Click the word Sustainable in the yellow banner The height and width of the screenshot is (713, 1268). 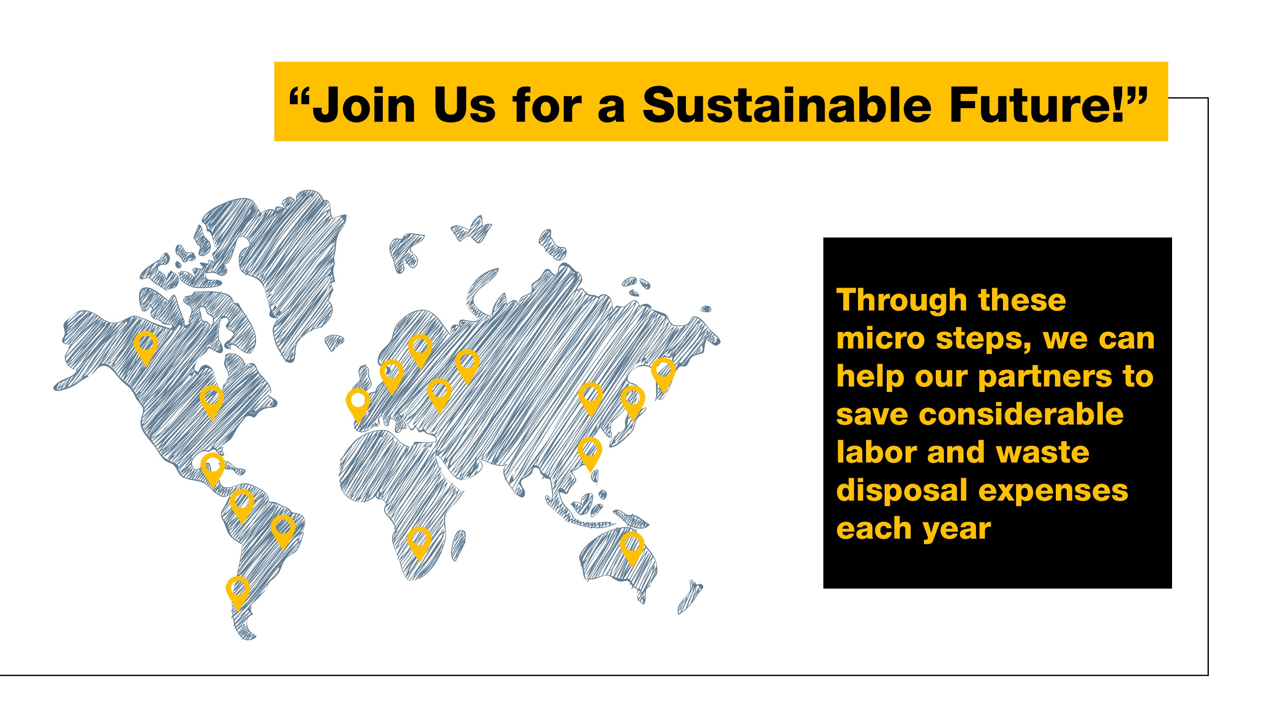pyautogui.click(x=786, y=105)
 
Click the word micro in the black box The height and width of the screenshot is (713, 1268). pyautogui.click(x=880, y=339)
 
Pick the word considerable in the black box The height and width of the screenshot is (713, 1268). pyautogui.click(x=1021, y=414)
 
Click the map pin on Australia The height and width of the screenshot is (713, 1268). pyautogui.click(x=631, y=548)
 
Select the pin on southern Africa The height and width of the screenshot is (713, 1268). pyautogui.click(x=419, y=543)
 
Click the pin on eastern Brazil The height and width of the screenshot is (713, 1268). pyautogui.click(x=283, y=532)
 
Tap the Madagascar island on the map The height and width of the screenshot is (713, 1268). pyautogui.click(x=458, y=545)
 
